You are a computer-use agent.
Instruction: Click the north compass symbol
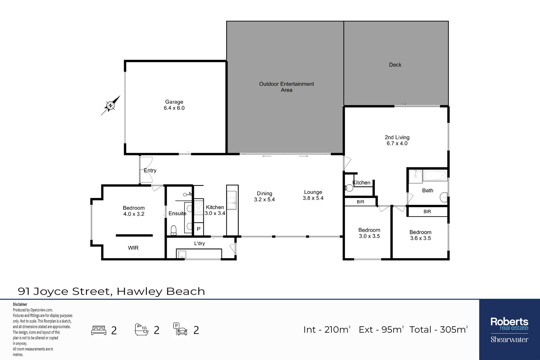click(x=110, y=106)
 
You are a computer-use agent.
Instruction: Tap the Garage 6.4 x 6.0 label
click(x=174, y=105)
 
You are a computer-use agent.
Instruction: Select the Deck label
click(x=395, y=64)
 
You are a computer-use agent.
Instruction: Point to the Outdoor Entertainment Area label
click(x=287, y=87)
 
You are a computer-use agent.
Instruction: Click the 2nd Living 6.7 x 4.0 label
click(x=397, y=140)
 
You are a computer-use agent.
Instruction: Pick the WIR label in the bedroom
click(x=133, y=248)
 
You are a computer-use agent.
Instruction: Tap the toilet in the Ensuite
click(x=173, y=230)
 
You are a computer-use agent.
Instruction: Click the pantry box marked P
click(x=199, y=229)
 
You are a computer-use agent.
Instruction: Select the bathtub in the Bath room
click(x=435, y=176)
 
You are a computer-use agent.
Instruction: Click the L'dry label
click(x=199, y=243)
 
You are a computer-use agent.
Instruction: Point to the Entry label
click(x=150, y=170)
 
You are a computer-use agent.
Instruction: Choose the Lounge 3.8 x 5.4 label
click(x=313, y=195)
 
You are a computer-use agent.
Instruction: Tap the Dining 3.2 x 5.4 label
click(x=265, y=196)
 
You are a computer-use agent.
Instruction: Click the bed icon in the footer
click(x=99, y=330)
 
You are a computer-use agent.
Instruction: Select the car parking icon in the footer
click(x=180, y=329)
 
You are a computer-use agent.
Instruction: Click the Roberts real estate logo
click(x=509, y=330)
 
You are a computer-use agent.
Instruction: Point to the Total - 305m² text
click(x=439, y=329)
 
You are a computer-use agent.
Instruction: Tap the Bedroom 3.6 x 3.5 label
click(x=421, y=235)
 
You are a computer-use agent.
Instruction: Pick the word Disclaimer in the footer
click(x=20, y=304)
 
